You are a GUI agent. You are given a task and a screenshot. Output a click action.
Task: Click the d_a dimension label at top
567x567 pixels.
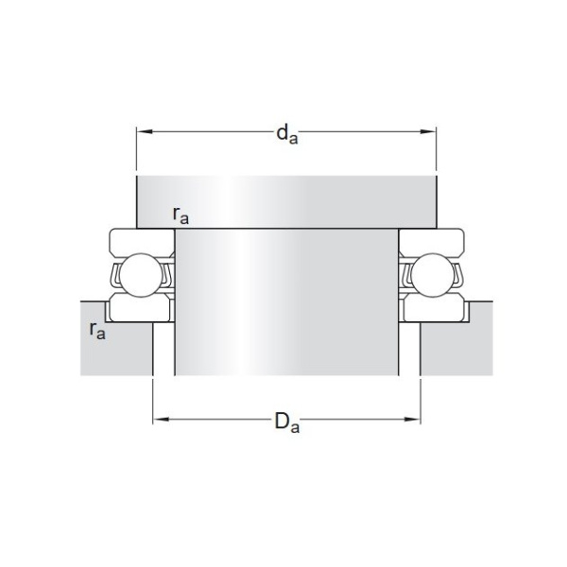point(287,134)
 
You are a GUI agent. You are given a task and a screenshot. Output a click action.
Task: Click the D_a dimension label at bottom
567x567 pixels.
point(287,422)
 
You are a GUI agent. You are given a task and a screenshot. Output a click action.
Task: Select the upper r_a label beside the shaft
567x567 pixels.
point(180,215)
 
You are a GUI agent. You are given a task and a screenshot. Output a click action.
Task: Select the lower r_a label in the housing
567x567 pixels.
point(97,331)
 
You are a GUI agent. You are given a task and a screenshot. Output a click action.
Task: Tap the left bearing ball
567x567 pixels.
point(142,274)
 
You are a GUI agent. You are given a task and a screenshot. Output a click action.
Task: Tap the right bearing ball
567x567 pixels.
point(432,275)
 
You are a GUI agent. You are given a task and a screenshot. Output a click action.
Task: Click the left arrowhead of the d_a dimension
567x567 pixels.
point(145,131)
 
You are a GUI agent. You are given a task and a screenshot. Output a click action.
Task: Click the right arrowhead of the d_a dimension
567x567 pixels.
point(428,131)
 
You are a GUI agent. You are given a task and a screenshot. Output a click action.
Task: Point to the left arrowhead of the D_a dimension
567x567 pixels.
point(161,420)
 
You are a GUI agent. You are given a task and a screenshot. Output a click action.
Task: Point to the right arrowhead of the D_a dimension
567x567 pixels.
point(412,420)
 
